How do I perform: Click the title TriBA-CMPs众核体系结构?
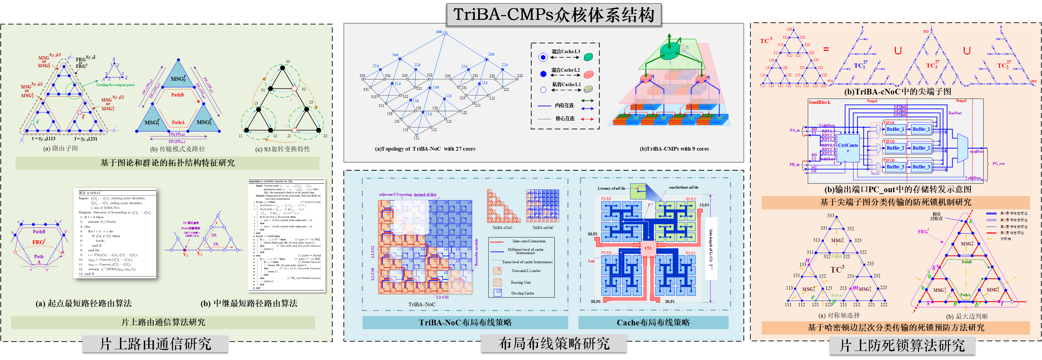(x=553, y=15)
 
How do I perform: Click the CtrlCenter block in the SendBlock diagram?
(x=848, y=148)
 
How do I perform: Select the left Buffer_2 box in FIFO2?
(x=895, y=148)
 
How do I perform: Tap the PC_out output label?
(x=998, y=163)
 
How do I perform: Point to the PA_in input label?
(x=794, y=130)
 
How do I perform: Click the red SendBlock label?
(x=819, y=102)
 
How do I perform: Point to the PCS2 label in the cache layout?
(x=606, y=199)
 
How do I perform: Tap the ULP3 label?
(x=704, y=205)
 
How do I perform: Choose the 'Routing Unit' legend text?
(x=520, y=282)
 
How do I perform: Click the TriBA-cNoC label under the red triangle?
(x=502, y=228)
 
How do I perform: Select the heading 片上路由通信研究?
(x=155, y=344)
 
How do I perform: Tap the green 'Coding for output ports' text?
(x=115, y=85)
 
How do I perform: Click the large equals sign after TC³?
(x=826, y=49)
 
